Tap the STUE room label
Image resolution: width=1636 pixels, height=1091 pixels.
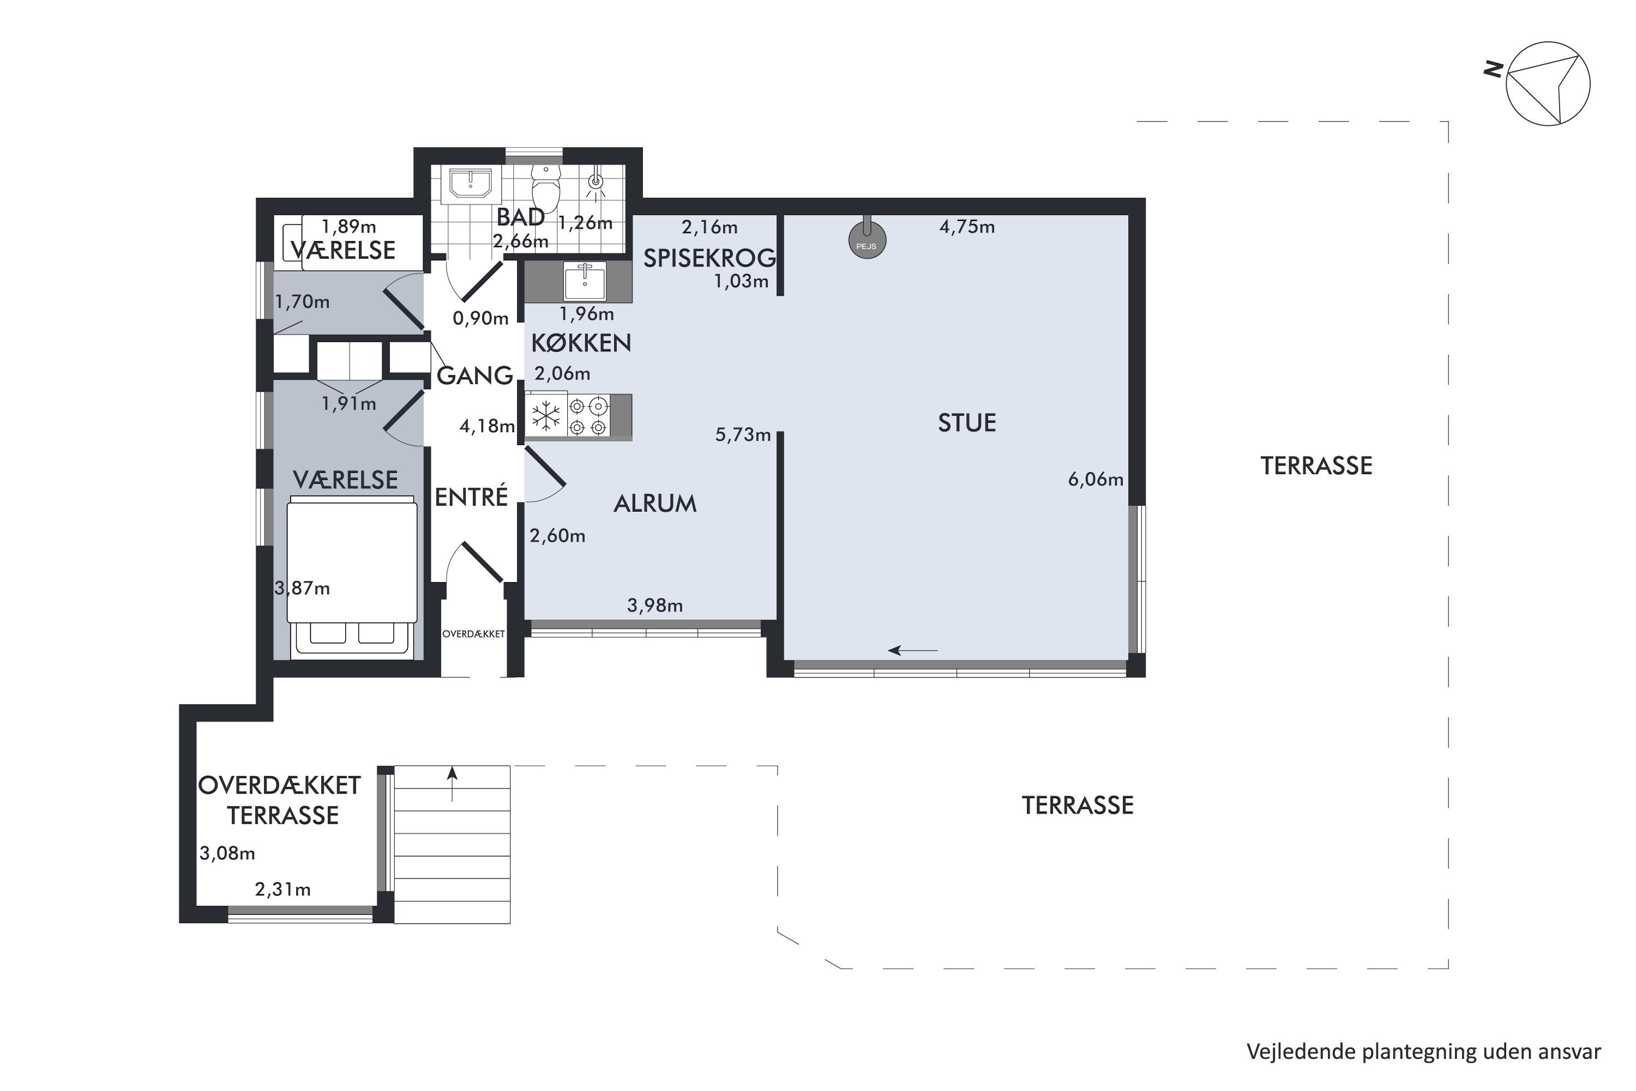pos(967,423)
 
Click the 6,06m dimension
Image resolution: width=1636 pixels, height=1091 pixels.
pos(1096,479)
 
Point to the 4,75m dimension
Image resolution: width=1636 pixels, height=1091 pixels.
pos(967,227)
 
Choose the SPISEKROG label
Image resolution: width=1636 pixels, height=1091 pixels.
pos(709,258)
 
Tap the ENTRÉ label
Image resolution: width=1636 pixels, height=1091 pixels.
pos(471,497)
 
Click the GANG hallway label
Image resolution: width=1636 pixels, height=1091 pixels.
pos(474,376)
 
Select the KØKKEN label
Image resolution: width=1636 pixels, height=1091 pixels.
pos(581,343)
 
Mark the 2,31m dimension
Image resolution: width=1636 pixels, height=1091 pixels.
pos(282,889)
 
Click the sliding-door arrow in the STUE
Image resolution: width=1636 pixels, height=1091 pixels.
pos(913,651)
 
